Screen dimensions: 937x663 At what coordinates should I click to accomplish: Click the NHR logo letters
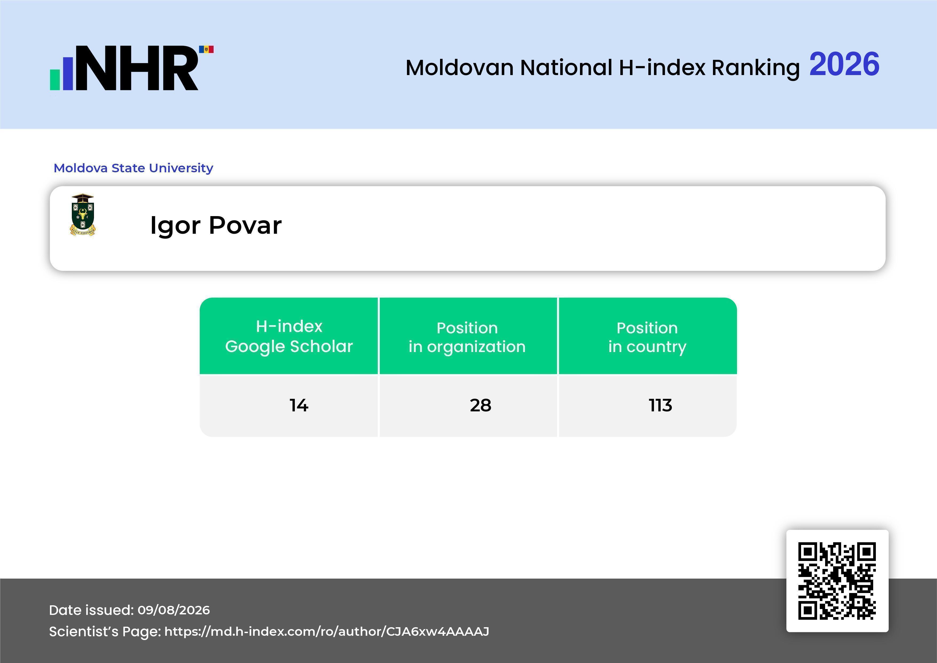[x=137, y=68]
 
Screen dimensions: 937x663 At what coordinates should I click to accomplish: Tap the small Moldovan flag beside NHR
[x=206, y=49]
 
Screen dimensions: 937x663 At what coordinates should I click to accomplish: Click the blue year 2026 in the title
[x=844, y=64]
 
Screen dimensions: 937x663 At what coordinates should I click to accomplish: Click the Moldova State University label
[x=134, y=168]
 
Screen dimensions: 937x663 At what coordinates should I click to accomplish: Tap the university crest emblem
[x=83, y=215]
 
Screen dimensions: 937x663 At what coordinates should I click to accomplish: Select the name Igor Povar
[x=216, y=225]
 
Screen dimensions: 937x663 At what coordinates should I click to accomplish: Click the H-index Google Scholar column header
[x=289, y=336]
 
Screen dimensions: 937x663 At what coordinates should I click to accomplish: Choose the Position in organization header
[x=467, y=337]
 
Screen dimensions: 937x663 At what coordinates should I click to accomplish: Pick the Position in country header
[x=647, y=337]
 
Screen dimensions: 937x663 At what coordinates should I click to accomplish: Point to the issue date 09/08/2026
[x=174, y=610]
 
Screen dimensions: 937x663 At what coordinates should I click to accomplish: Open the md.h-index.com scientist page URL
[x=327, y=631]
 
